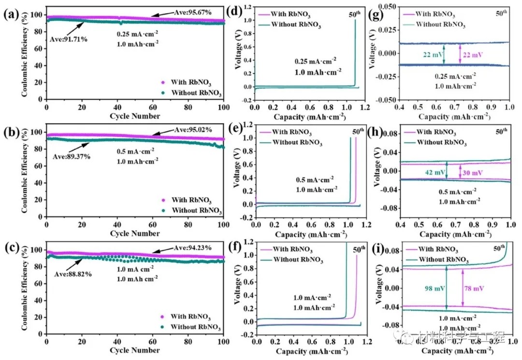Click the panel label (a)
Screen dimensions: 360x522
[11, 14]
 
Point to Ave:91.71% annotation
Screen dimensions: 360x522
[69, 39]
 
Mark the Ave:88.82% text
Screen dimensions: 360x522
[68, 274]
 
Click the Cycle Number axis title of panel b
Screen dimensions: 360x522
[134, 234]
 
